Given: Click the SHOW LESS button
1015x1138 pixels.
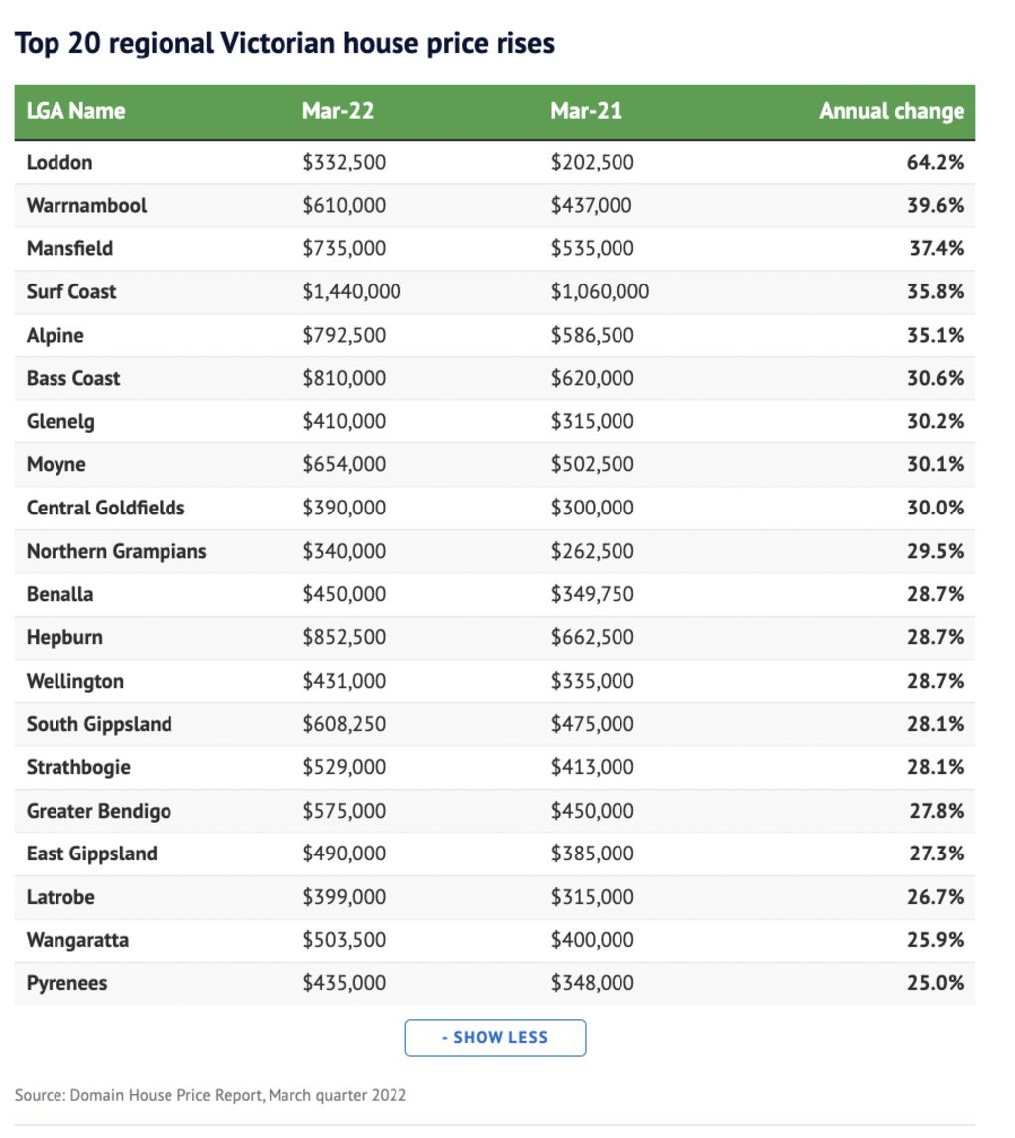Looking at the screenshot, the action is click(x=495, y=1037).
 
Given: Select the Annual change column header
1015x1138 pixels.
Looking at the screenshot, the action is click(x=892, y=111).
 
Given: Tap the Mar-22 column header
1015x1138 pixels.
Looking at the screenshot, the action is click(x=338, y=111).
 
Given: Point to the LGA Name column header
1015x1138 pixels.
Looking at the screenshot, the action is click(x=76, y=111).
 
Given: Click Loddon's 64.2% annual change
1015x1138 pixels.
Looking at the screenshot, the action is click(x=935, y=162).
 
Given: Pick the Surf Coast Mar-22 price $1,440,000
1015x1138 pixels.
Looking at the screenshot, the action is click(x=352, y=291).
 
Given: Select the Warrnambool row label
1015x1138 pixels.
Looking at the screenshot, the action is click(x=86, y=205).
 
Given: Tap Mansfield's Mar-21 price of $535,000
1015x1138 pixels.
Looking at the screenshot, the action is click(x=592, y=248).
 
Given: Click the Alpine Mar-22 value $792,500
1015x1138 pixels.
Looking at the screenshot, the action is click(x=344, y=335).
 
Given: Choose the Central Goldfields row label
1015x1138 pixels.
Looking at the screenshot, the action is click(x=106, y=508).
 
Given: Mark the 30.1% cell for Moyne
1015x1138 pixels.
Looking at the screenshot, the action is click(x=935, y=465).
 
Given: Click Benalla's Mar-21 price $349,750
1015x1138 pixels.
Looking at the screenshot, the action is click(x=592, y=594).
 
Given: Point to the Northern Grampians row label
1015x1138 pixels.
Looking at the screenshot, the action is click(x=117, y=551).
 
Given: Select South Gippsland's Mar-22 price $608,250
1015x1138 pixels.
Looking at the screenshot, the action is click(x=344, y=724).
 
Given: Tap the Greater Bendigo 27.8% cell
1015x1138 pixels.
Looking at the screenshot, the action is click(x=937, y=811).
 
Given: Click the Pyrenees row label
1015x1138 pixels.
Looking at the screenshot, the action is click(x=66, y=984).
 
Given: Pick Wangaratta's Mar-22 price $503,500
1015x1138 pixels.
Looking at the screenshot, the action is click(x=344, y=940).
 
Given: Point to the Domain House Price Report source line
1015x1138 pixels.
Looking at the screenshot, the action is click(x=210, y=1095).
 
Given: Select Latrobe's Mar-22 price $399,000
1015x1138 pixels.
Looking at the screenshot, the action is click(x=344, y=897).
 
